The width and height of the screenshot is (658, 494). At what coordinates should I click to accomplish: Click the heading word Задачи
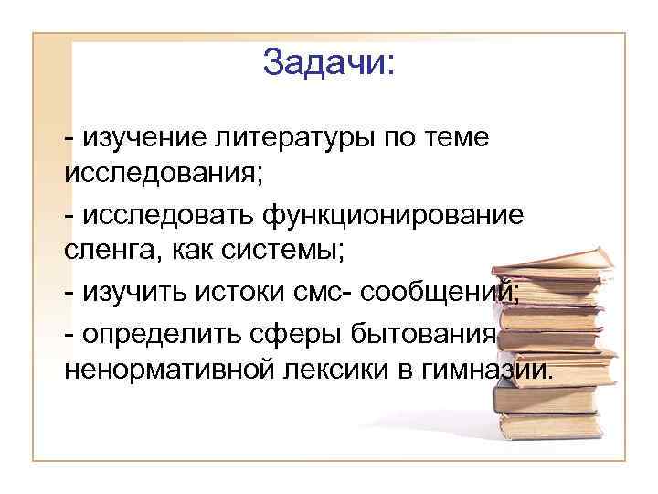[324, 63]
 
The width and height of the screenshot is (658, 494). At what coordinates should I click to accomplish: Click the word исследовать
[169, 215]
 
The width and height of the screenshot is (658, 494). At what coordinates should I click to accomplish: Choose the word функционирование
[394, 215]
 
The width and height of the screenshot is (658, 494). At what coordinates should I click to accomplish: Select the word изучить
[129, 293]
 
